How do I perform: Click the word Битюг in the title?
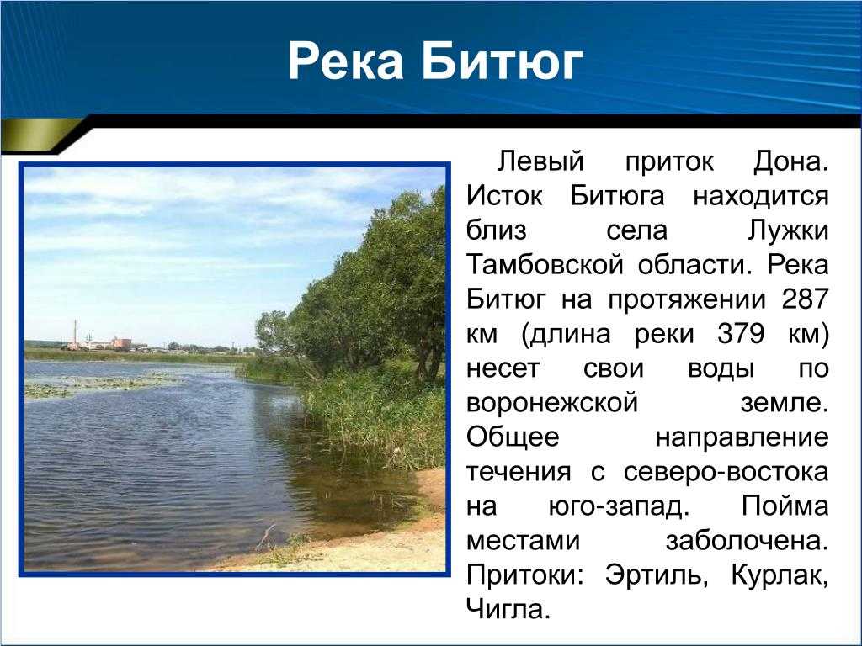pos(502,61)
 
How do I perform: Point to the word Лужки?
pos(788,230)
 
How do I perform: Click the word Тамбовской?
pos(545,265)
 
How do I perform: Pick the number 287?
pos(805,299)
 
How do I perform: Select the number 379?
pos(741,333)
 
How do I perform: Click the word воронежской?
pos(552,403)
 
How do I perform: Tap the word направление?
pos(742,437)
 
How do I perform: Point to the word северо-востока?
pos(726,472)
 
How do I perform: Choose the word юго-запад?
pos(619,506)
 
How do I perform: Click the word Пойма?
pos(785,506)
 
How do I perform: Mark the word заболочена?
pos(748,541)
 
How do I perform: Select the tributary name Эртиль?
pos(653,575)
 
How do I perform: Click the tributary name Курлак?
pos(780,575)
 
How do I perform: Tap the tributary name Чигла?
pos(508,610)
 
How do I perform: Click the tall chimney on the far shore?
pos(75,333)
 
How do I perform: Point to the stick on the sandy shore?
pos(265,537)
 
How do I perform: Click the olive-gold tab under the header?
pos(39,136)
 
